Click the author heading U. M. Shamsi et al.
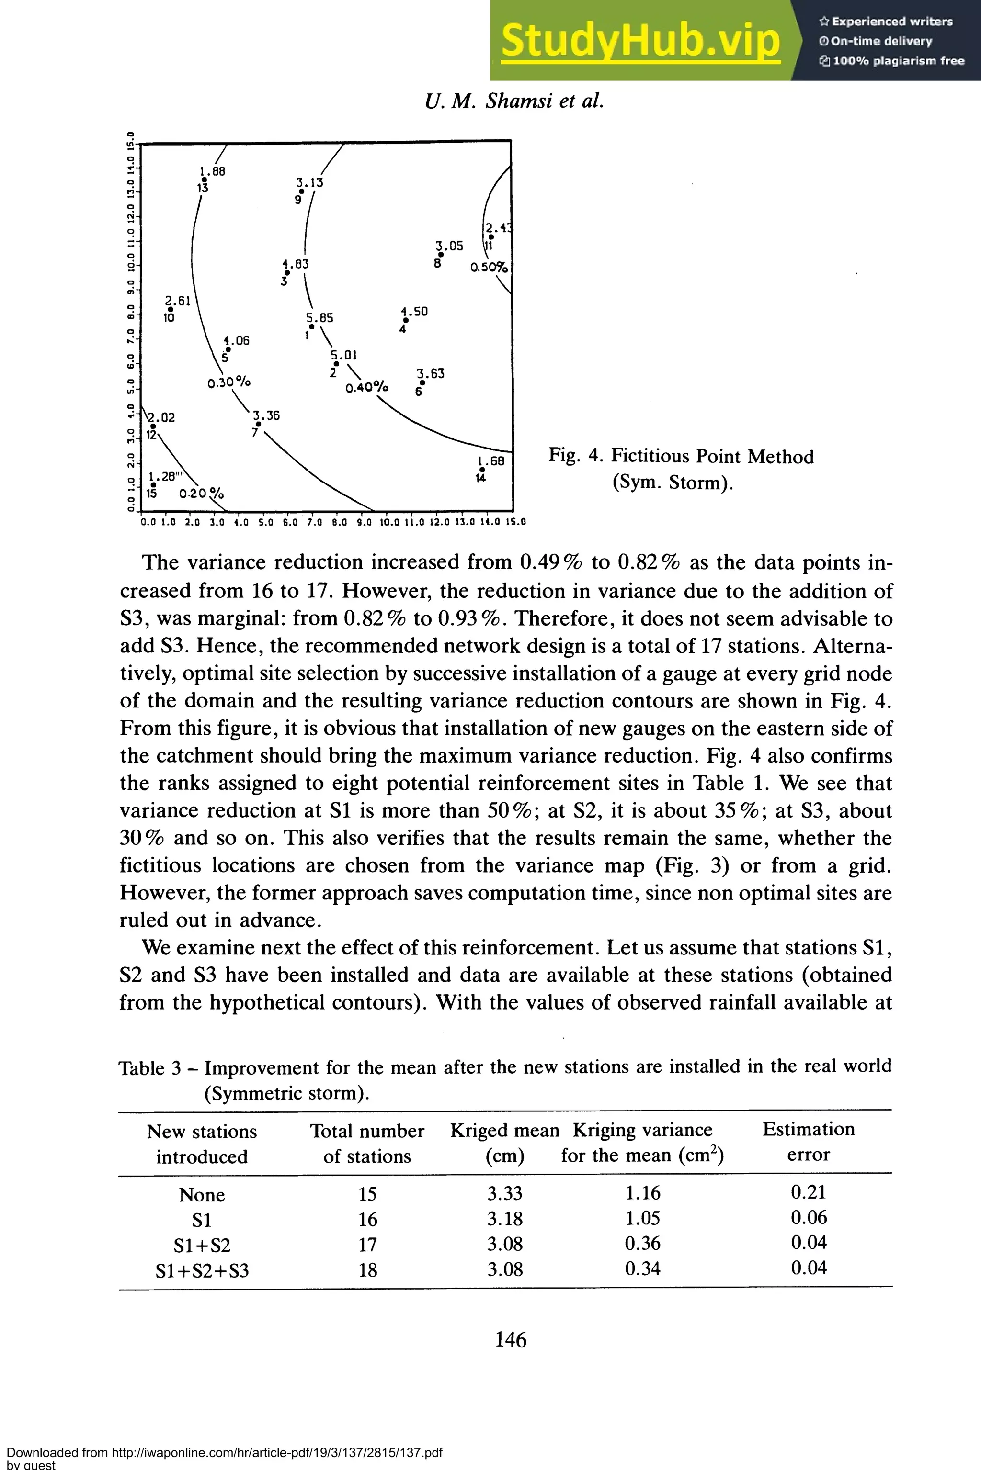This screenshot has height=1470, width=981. (x=514, y=101)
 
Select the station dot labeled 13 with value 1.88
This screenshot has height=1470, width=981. (x=204, y=180)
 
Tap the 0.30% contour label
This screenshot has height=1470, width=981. (x=229, y=382)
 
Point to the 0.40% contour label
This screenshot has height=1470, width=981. (x=366, y=388)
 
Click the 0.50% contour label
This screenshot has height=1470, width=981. (x=489, y=267)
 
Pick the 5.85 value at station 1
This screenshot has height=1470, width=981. (x=319, y=318)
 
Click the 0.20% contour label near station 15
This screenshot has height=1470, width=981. (x=201, y=494)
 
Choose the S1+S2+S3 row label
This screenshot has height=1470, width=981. (x=202, y=1270)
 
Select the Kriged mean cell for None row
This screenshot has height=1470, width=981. (x=504, y=1193)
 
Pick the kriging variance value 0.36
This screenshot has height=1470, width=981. (x=642, y=1243)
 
